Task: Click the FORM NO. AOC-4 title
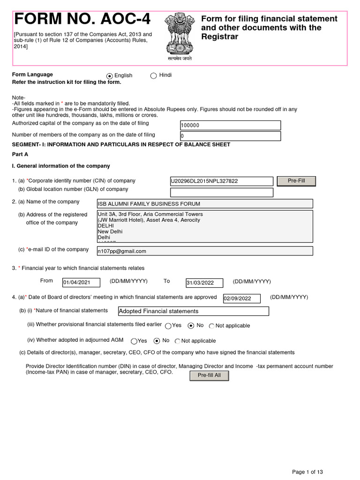(x=83, y=19)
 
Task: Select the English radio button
(x=110, y=76)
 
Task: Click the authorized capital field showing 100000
(x=230, y=125)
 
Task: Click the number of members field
(x=230, y=136)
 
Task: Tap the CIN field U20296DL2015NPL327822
(x=221, y=181)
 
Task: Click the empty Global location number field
(x=221, y=192)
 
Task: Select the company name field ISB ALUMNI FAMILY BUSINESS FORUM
(x=204, y=203)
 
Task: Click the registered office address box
(x=204, y=225)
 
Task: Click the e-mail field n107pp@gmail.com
(x=204, y=251)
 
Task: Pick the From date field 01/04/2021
(x=81, y=282)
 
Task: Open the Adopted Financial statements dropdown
(x=194, y=311)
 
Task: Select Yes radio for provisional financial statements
(x=168, y=326)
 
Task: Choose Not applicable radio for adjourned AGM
(x=178, y=341)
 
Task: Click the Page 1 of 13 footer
(x=307, y=472)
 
